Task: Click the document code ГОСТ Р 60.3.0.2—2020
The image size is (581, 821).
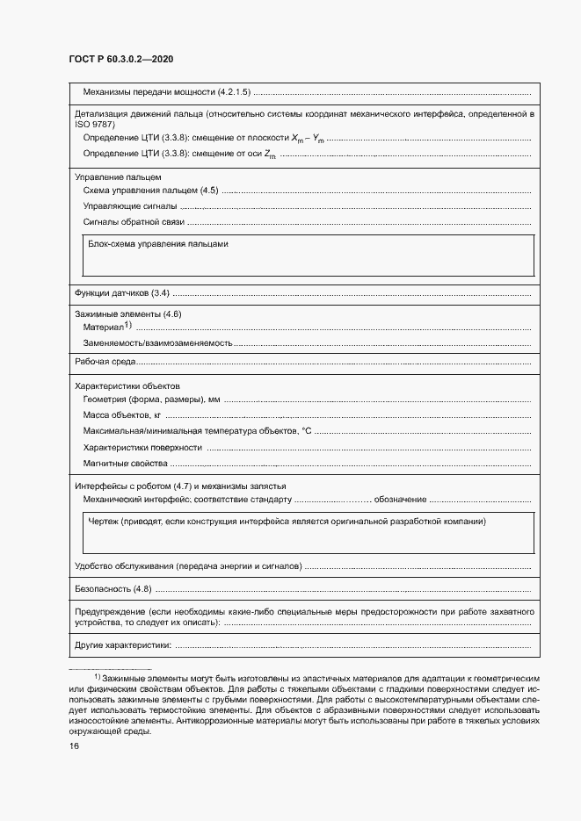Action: (120, 59)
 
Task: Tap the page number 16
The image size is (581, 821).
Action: (74, 746)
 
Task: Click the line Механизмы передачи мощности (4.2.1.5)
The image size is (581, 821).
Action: (167, 92)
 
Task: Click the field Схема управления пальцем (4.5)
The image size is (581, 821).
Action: (149, 191)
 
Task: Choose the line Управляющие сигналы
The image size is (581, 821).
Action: (129, 206)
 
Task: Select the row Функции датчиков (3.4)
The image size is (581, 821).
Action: (122, 292)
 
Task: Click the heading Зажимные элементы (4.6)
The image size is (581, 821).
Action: (127, 313)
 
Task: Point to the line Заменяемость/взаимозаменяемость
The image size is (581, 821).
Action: (157, 342)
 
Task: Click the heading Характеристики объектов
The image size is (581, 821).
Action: (127, 385)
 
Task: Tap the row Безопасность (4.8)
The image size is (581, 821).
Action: (114, 588)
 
